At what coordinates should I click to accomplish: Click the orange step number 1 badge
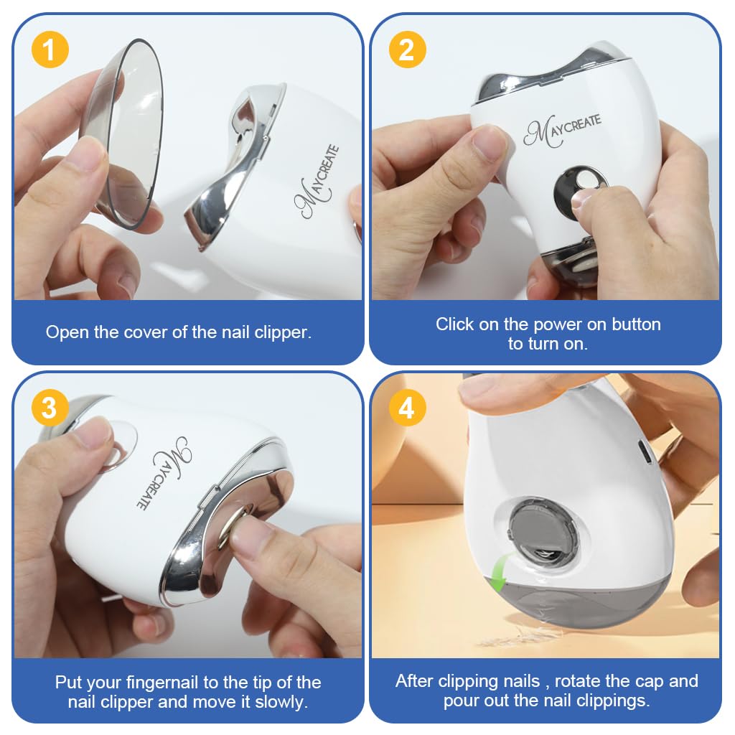50,50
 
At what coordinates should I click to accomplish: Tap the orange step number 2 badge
407,50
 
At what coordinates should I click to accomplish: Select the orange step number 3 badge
50,408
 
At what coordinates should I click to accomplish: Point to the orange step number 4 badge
407,408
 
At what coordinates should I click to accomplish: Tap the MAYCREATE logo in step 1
316,183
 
